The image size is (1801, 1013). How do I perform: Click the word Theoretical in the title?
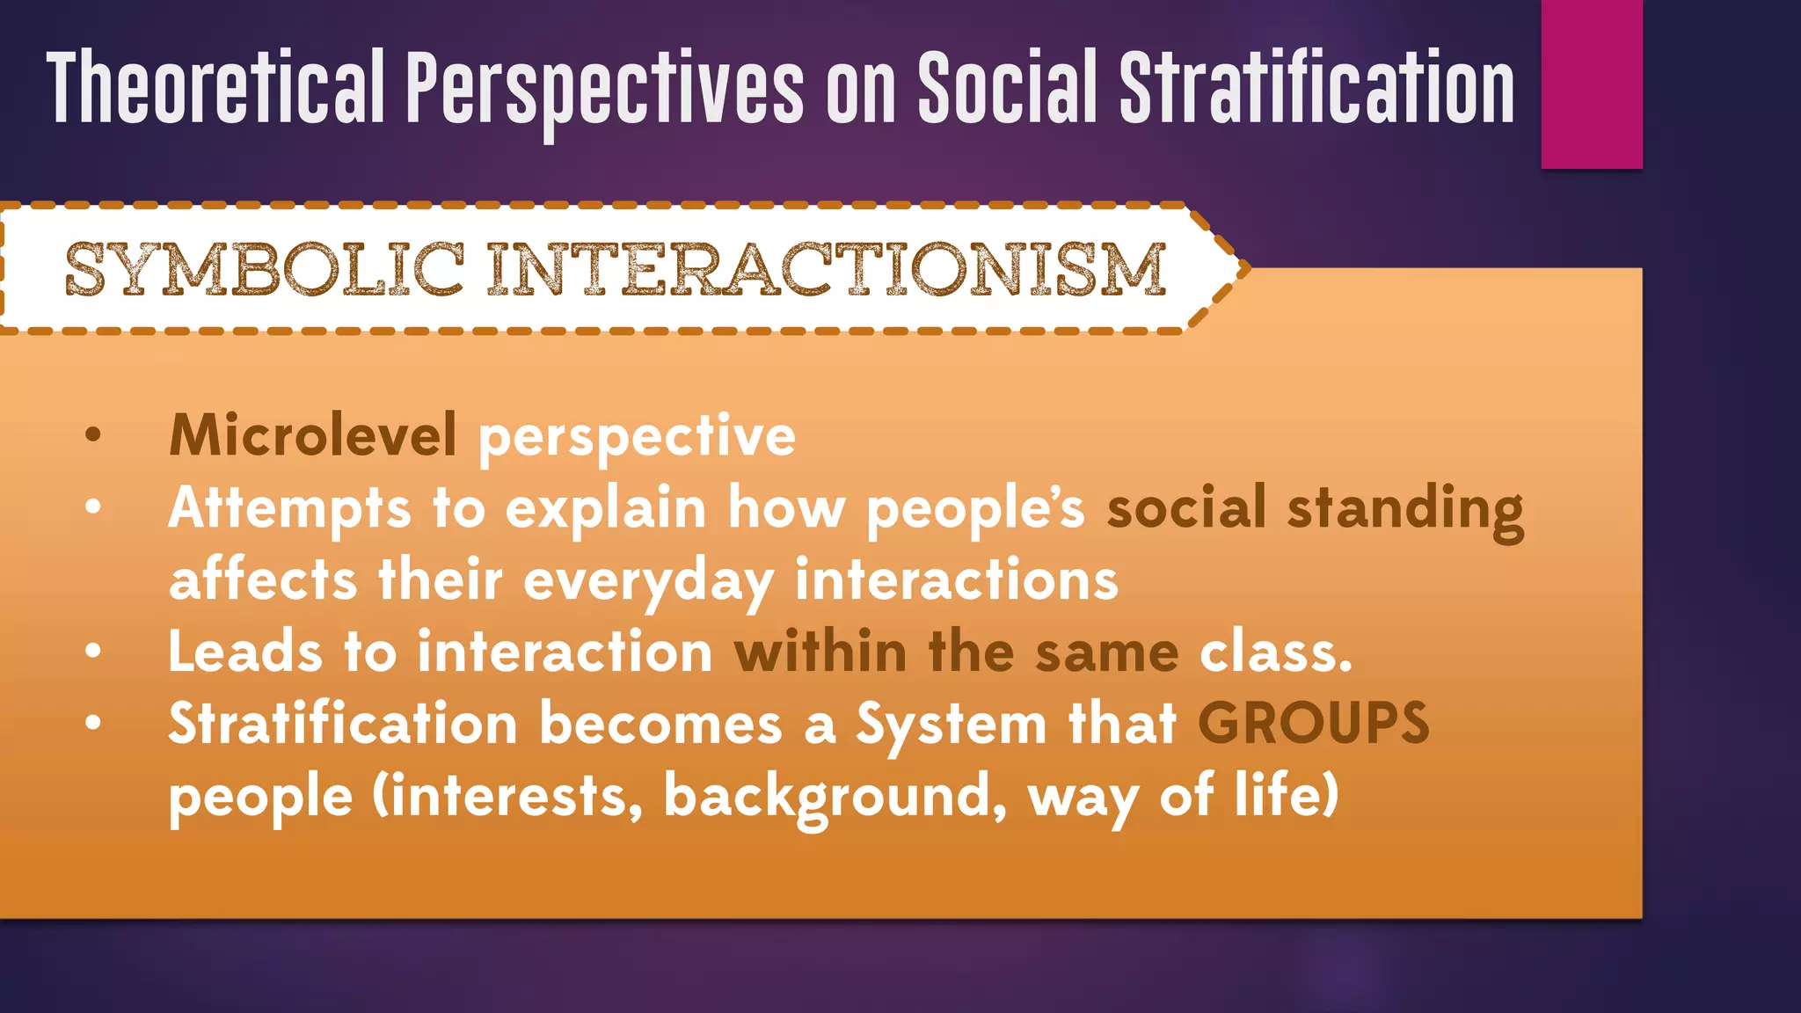click(x=215, y=88)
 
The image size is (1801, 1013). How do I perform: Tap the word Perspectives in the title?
click(x=604, y=88)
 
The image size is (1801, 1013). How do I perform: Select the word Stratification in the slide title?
click(x=1316, y=88)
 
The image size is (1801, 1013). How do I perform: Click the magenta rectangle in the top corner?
click(x=1592, y=84)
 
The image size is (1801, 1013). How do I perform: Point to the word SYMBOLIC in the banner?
click(x=264, y=269)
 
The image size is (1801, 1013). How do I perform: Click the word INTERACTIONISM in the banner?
click(x=827, y=269)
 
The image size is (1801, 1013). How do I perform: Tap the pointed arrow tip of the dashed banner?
click(x=1242, y=267)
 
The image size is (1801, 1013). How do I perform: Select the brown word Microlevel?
click(x=312, y=434)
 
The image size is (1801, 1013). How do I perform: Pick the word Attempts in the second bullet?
click(x=289, y=509)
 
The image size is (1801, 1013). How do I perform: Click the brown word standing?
click(x=1404, y=509)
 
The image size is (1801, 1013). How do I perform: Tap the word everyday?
click(x=648, y=581)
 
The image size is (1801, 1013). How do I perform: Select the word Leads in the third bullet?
click(x=245, y=652)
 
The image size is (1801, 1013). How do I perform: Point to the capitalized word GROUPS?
click(x=1313, y=724)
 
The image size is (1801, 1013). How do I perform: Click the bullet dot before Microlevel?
click(x=93, y=434)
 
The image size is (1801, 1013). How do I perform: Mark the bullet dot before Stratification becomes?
click(x=93, y=723)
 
